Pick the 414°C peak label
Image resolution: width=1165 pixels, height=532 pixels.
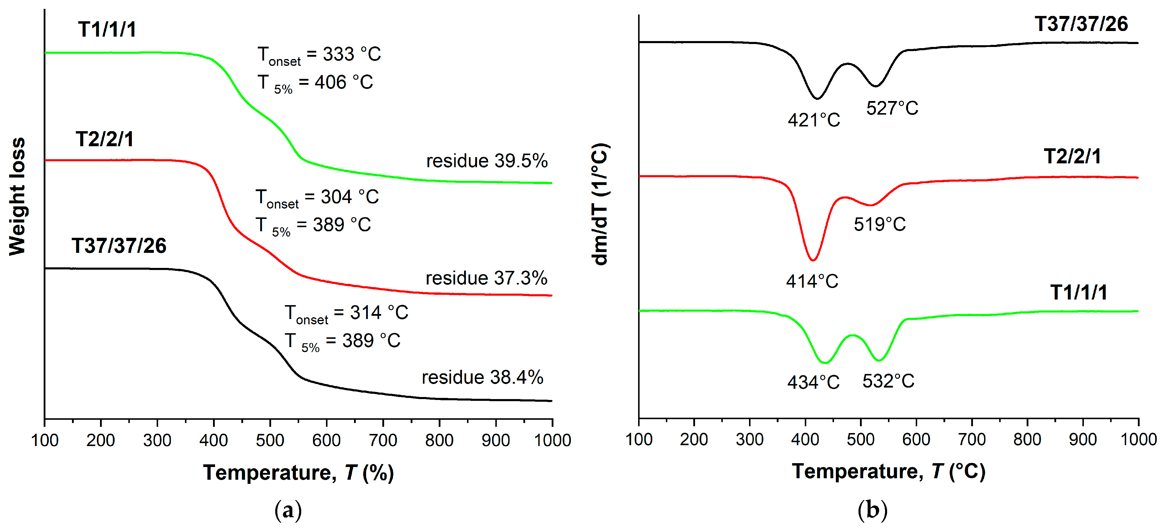(x=812, y=282)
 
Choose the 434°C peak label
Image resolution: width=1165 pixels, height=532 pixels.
(x=813, y=383)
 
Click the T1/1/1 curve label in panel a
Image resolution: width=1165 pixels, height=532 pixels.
(x=107, y=30)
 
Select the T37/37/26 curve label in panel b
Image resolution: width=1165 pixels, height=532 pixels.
(x=1081, y=24)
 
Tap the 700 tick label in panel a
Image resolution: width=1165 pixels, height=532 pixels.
(x=383, y=440)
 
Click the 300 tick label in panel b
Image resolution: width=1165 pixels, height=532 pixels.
(x=749, y=439)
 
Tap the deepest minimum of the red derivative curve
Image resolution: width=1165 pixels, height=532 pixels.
(x=813, y=260)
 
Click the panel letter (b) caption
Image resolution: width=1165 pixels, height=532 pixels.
(x=872, y=510)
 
